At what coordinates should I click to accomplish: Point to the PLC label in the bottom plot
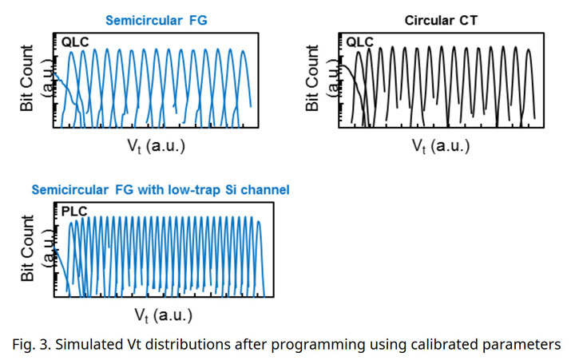(x=73, y=212)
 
